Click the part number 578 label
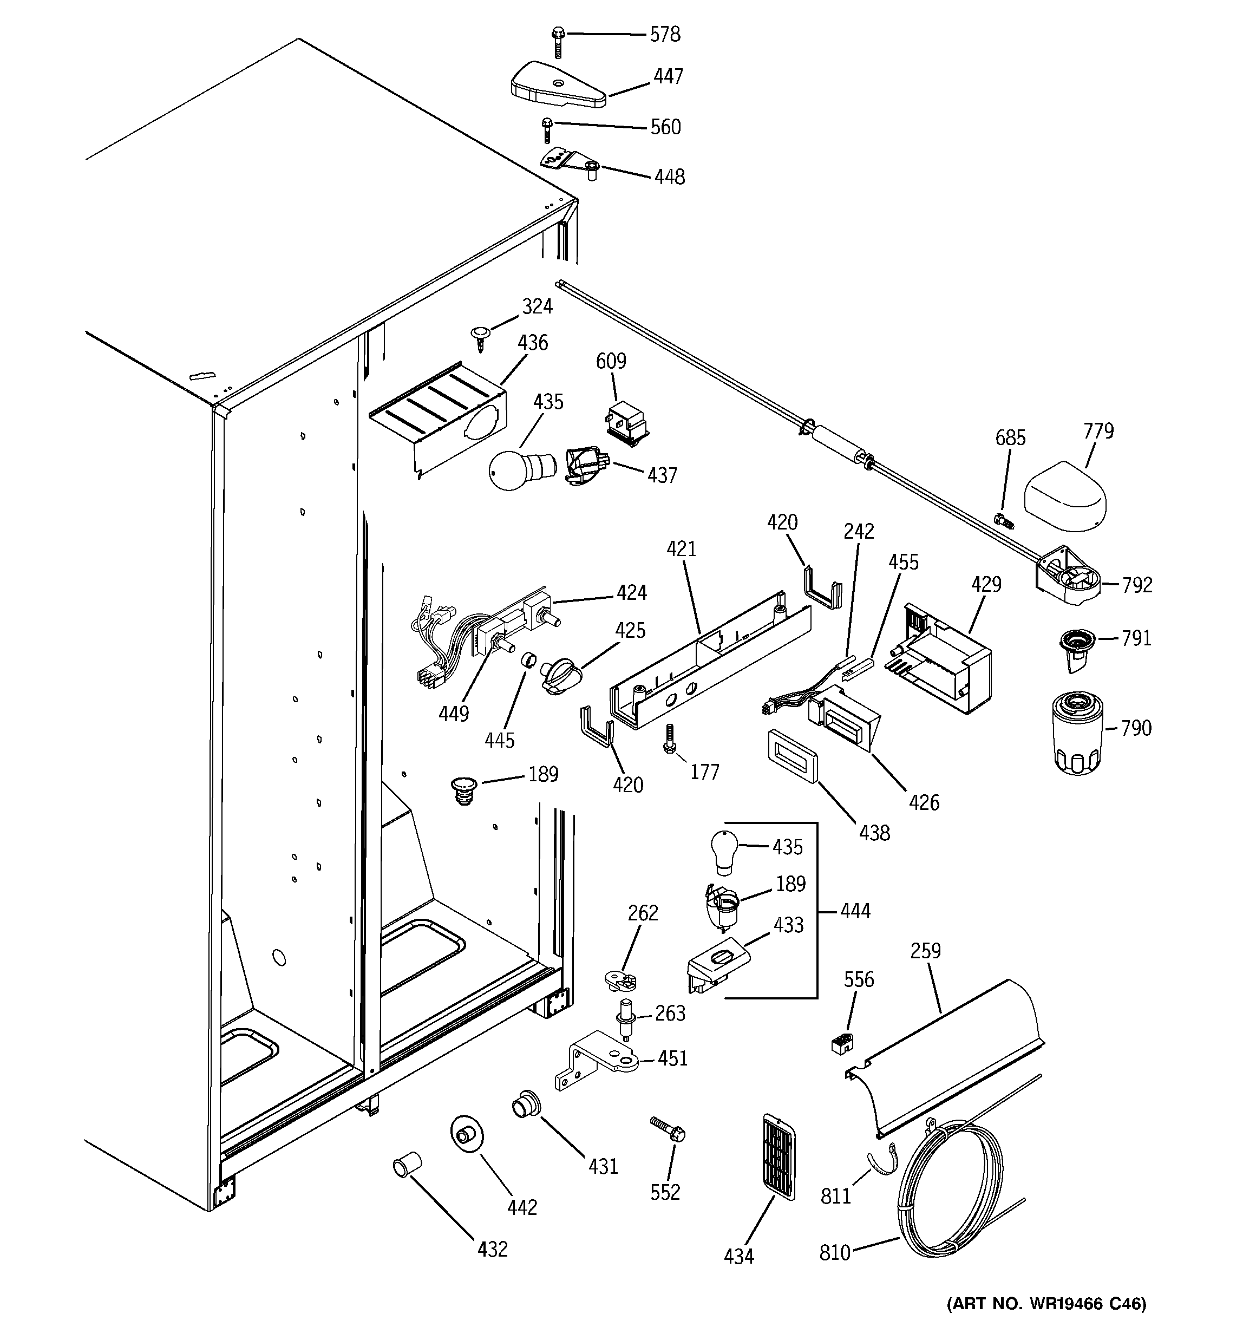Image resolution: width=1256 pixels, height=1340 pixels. (665, 34)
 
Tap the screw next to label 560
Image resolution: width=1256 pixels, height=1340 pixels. (547, 129)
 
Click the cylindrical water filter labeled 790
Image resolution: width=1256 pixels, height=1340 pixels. (1077, 733)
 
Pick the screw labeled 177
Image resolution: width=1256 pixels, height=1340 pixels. (670, 738)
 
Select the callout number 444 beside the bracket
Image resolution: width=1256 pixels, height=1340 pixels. (855, 911)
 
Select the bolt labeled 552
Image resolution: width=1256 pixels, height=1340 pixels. (668, 1128)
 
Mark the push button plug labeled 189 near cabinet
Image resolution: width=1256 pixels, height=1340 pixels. (463, 789)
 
